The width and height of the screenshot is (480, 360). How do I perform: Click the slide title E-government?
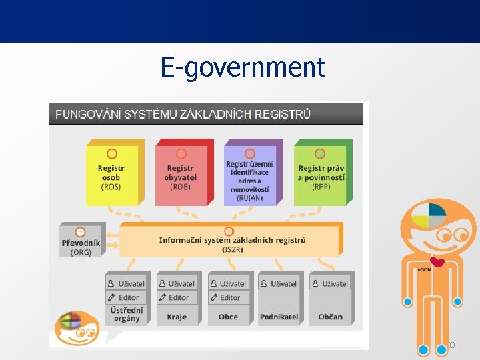click(243, 67)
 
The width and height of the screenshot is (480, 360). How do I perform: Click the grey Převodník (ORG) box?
click(81, 241)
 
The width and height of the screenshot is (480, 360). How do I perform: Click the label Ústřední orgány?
click(127, 314)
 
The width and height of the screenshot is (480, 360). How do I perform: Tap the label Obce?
click(228, 317)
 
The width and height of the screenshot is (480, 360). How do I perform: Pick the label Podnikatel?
click(279, 317)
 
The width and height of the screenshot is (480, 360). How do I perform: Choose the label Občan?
click(330, 317)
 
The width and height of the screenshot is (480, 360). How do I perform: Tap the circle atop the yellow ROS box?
click(111, 153)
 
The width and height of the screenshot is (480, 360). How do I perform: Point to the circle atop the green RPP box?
click(320, 153)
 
